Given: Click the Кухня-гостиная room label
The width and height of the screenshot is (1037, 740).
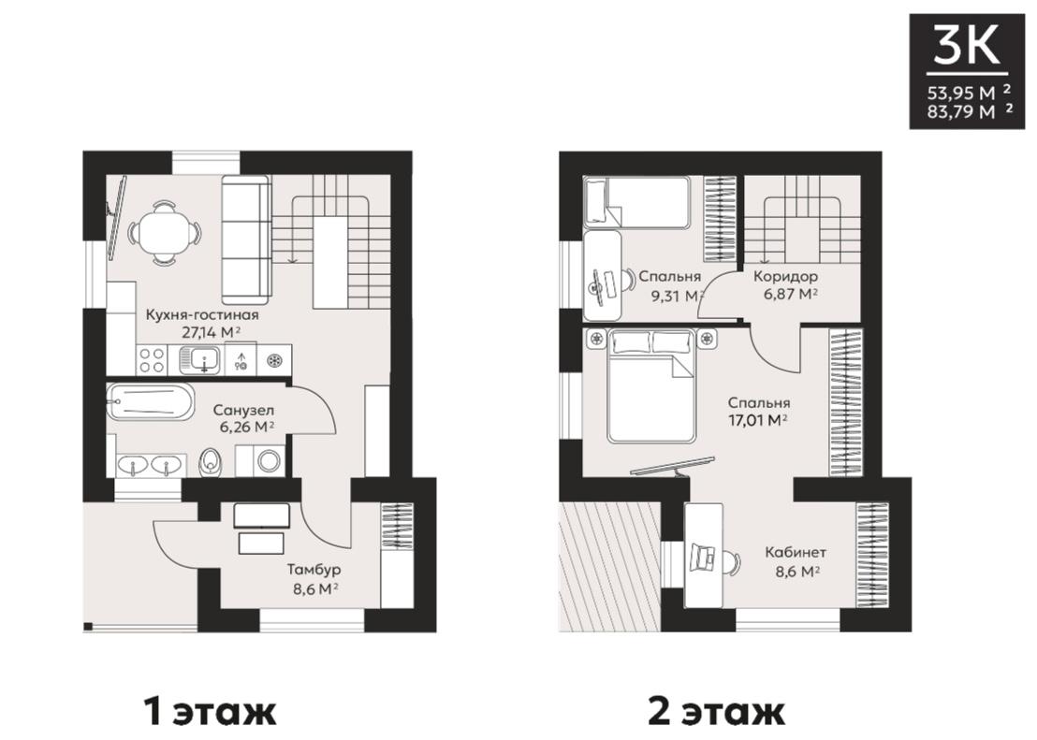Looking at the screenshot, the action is [x=202, y=315].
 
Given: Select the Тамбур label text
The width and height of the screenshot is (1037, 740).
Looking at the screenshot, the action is [x=314, y=570].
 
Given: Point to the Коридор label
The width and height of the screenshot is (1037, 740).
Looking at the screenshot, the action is [x=785, y=276].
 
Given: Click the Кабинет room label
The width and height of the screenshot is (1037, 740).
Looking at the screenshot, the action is [x=796, y=552].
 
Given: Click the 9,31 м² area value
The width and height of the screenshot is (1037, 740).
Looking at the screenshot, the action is [x=677, y=296].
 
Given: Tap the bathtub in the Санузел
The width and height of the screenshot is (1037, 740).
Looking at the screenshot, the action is [x=151, y=400].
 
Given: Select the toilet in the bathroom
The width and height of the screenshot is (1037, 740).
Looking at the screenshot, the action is [x=210, y=461].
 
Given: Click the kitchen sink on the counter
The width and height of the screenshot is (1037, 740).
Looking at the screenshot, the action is [x=204, y=360].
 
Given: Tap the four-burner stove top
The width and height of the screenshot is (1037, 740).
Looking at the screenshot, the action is [x=152, y=360].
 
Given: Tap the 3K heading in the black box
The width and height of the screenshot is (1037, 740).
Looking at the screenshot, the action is [x=966, y=46].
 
